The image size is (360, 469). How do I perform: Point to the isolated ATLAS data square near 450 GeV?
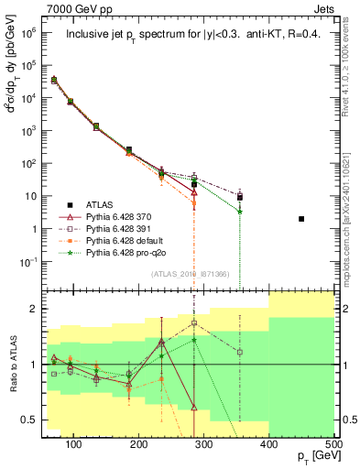pos(301,219)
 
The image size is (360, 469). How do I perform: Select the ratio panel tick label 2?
pos(44,309)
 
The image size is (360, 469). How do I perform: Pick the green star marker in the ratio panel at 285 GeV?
pos(194,340)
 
